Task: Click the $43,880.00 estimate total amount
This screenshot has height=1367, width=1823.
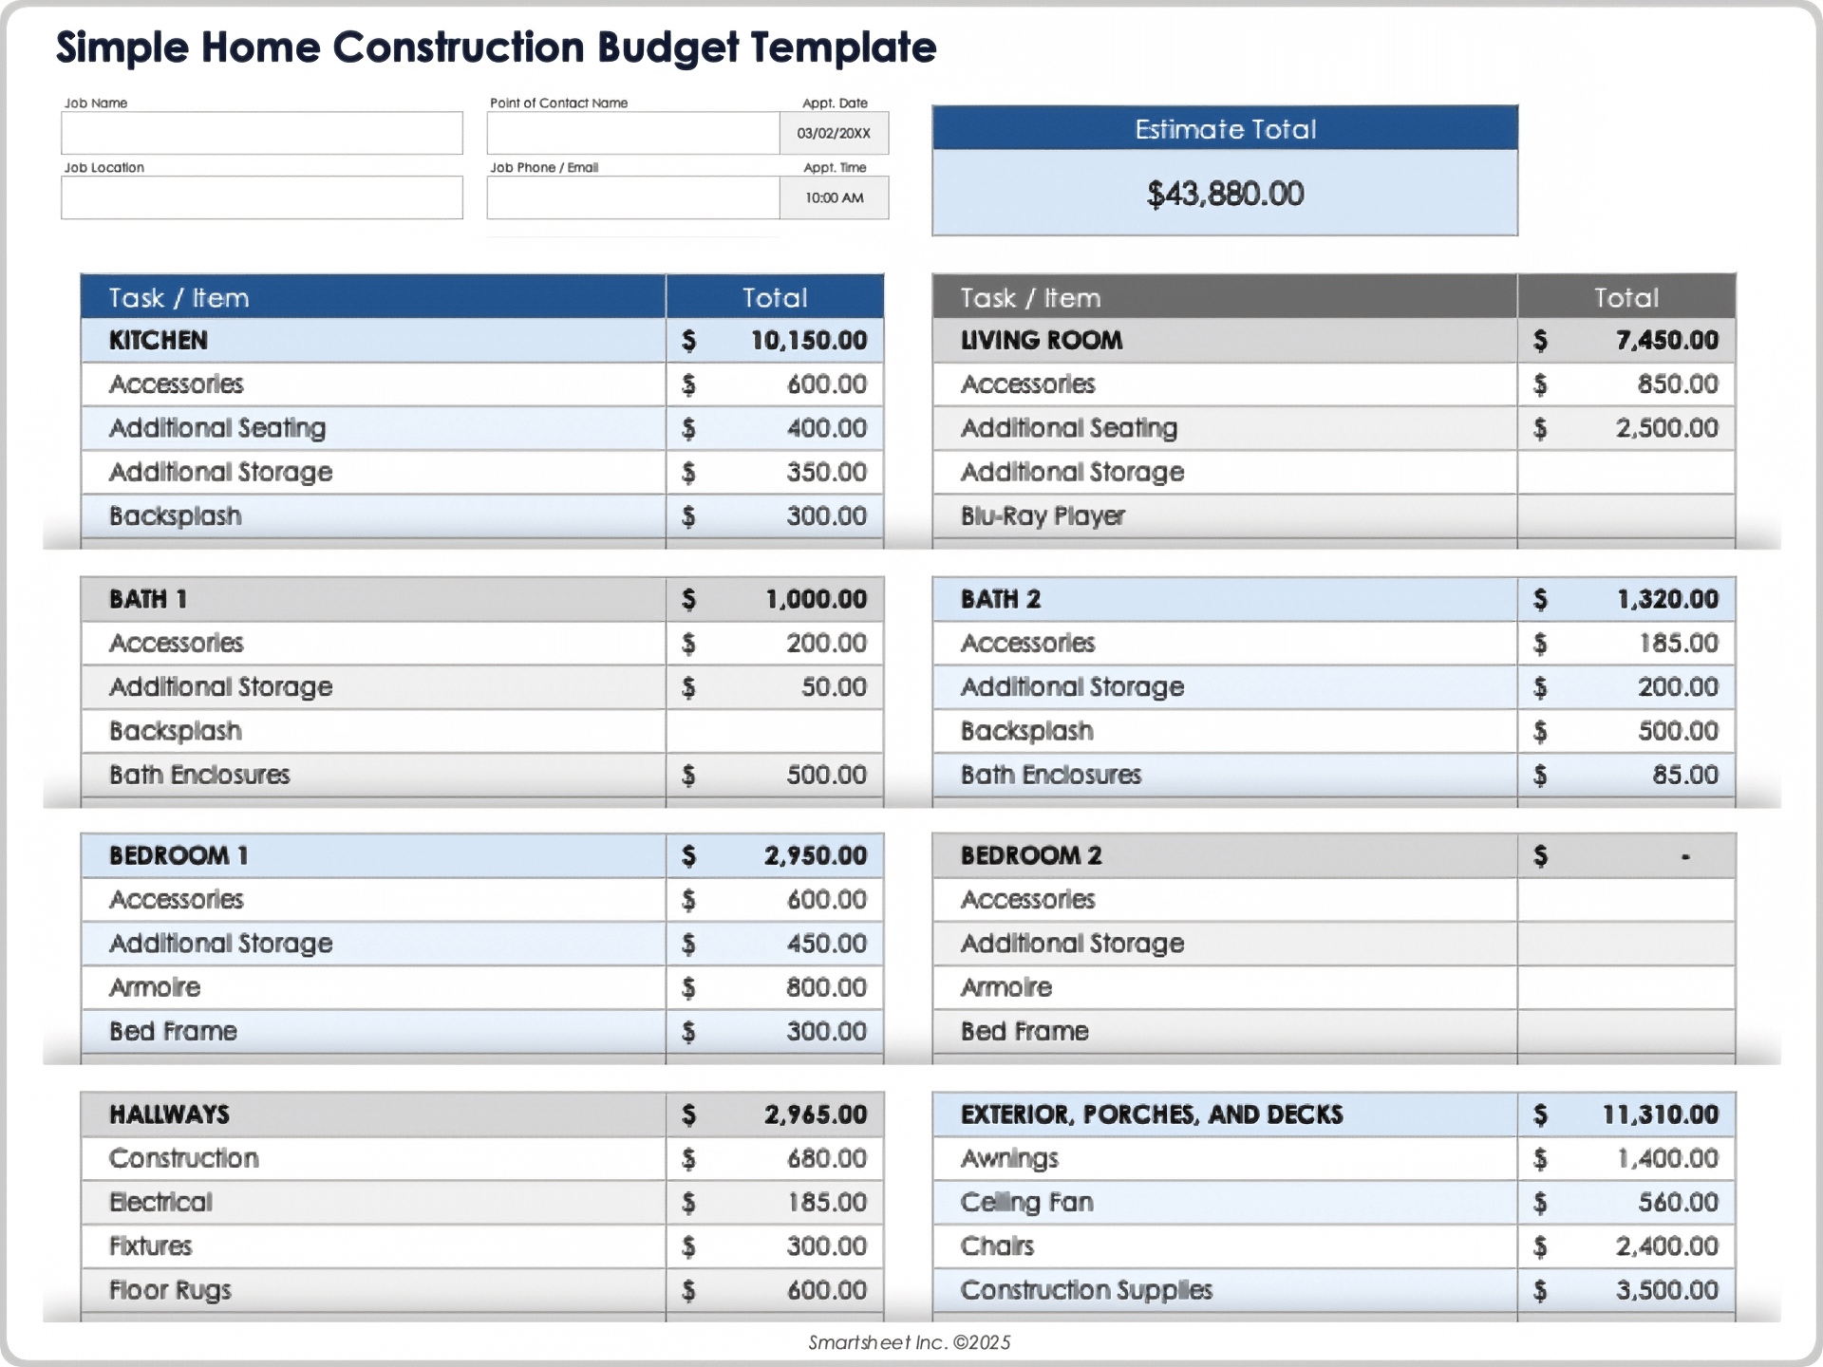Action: [1225, 194]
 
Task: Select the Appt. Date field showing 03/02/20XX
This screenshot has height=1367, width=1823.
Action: [834, 133]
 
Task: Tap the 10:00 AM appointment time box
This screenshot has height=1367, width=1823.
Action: [834, 197]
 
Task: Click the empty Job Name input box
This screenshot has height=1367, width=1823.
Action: [261, 133]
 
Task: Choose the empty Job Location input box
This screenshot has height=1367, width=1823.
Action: [261, 197]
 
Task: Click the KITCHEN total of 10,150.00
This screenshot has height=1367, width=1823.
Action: [808, 340]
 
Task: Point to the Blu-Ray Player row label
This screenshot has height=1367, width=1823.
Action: [1043, 515]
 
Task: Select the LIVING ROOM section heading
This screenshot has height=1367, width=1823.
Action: [1042, 340]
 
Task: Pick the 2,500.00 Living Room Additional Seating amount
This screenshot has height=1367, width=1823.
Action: [1666, 428]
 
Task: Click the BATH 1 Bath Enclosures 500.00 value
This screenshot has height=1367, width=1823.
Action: [826, 775]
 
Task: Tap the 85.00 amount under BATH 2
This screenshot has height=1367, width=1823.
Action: [1684, 775]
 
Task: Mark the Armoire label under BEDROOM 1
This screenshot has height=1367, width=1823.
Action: [155, 987]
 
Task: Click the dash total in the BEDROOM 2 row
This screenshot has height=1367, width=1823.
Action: [1685, 856]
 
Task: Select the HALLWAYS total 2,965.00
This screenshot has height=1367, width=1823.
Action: [815, 1114]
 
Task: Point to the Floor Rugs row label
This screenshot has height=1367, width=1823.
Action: [170, 1290]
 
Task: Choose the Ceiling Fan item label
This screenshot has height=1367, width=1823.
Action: [1026, 1202]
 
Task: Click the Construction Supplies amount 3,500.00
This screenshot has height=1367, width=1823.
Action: [1666, 1290]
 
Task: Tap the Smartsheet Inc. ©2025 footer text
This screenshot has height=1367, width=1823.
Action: [909, 1342]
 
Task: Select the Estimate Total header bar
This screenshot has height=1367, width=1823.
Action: [1225, 129]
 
